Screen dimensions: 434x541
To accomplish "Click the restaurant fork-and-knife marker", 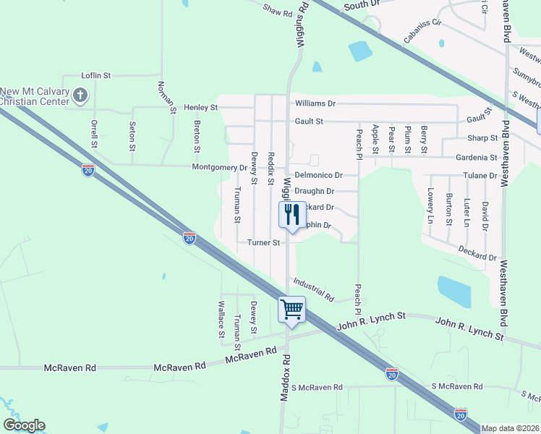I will coord(291,215).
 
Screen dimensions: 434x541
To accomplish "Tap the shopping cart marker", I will coord(291,310).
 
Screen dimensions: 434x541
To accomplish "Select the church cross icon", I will coord(81,94).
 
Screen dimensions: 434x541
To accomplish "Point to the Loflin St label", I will coord(95,75).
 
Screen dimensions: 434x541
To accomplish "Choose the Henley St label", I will coord(200,108).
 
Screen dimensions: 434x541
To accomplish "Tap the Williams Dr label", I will coord(315,104).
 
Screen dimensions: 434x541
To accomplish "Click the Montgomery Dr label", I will coord(220,168).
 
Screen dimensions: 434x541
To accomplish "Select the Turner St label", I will coord(263,243).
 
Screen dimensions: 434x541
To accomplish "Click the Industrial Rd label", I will coord(313,289).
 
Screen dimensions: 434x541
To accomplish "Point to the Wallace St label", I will coord(221,319).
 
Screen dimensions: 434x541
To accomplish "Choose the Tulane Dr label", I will coord(478,176).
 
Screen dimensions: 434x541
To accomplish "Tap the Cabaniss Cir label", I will coord(422,31).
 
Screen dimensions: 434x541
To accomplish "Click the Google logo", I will coord(24,425).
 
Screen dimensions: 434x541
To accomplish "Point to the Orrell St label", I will coord(94,133).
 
